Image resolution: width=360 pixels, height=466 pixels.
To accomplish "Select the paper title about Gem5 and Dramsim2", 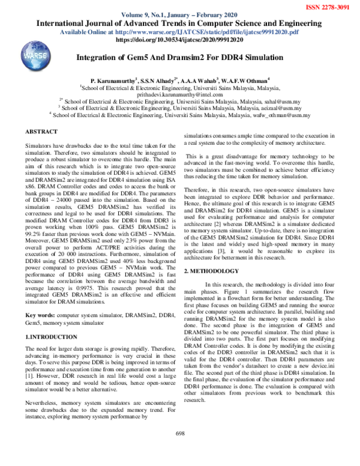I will [x=180, y=58].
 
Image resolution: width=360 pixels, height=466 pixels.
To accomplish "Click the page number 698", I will [x=179, y=450].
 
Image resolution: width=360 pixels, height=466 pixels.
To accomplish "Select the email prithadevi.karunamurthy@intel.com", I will [x=179, y=94].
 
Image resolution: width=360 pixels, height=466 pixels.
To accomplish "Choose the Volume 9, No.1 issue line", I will [x=180, y=15].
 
